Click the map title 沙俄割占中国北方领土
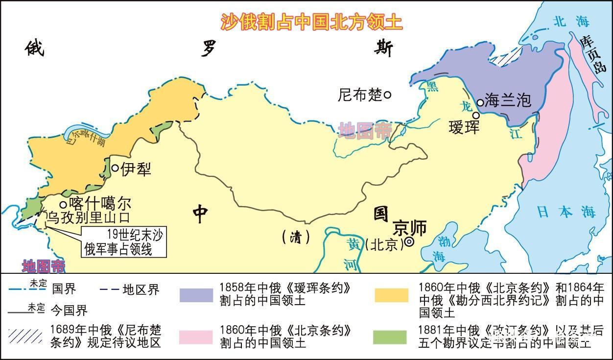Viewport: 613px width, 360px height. [x=311, y=22]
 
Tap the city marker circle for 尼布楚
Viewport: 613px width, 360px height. [x=387, y=95]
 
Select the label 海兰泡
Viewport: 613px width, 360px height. [x=508, y=100]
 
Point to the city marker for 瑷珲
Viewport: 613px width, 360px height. [x=475, y=116]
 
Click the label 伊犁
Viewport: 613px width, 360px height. [x=136, y=169]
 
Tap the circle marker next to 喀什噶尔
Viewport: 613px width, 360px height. [x=63, y=204]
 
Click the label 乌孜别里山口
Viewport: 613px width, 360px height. [x=88, y=217]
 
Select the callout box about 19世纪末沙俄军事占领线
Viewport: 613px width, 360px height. [x=124, y=242]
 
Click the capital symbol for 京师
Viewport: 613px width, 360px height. [x=409, y=241]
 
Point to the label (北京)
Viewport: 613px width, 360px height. [x=383, y=244]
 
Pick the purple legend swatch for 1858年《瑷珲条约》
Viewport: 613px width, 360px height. [x=196, y=295]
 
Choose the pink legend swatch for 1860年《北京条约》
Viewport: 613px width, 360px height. [x=196, y=337]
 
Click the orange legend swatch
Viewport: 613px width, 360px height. [x=391, y=295]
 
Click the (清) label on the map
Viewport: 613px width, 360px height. [x=296, y=238]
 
